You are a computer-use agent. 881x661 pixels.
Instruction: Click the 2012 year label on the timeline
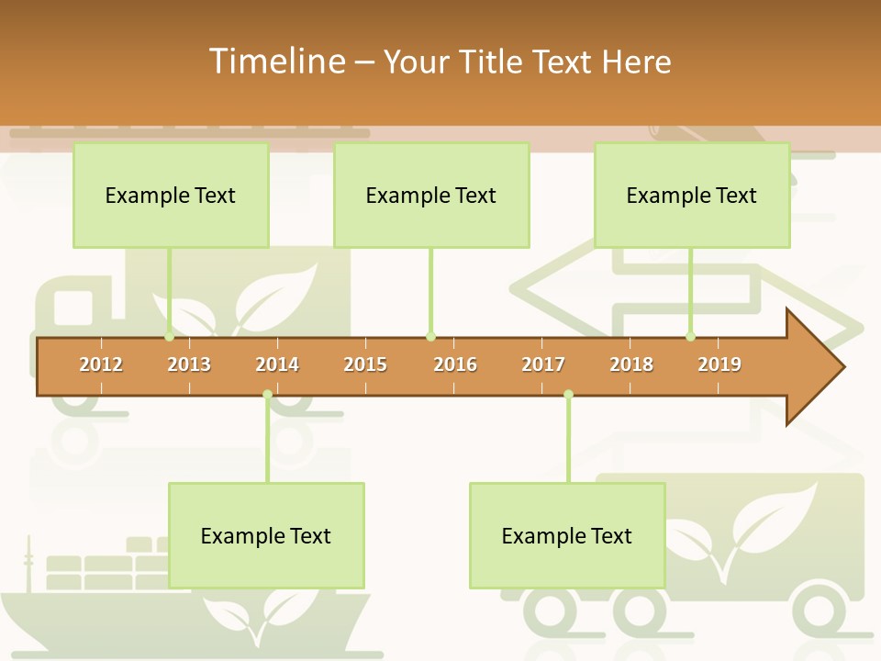pos(101,364)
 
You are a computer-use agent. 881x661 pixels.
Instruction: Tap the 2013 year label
pos(189,364)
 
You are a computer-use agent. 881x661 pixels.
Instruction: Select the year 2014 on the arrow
pos(277,364)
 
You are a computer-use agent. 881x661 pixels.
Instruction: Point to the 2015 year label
pos(365,364)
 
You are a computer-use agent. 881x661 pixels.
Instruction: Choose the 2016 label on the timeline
pos(455,364)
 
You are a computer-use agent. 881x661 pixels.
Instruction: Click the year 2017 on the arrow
pos(543,364)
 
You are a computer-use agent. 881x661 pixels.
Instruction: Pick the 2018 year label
pos(631,364)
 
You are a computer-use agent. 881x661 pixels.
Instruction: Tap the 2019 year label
pos(719,364)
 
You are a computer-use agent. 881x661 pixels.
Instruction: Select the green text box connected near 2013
pos(171,195)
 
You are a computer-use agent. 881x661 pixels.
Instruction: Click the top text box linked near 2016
pos(431,195)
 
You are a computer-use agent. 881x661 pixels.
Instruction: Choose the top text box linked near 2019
pos(692,195)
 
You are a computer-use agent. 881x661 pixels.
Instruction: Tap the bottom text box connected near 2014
pos(266,535)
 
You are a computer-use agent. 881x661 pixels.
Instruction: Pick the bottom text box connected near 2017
pos(567,535)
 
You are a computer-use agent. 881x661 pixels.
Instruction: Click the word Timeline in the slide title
pos(275,62)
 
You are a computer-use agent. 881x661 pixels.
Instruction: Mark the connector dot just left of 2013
pos(170,337)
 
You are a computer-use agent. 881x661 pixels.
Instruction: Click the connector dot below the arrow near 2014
pos(267,395)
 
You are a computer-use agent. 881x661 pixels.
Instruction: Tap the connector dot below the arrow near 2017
pos(568,395)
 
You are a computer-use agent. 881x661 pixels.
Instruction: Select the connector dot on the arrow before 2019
pos(691,337)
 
